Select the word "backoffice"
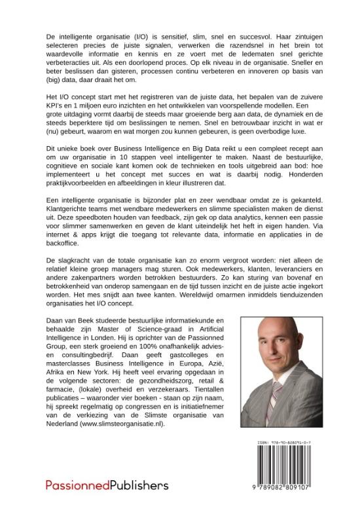(65, 268)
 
